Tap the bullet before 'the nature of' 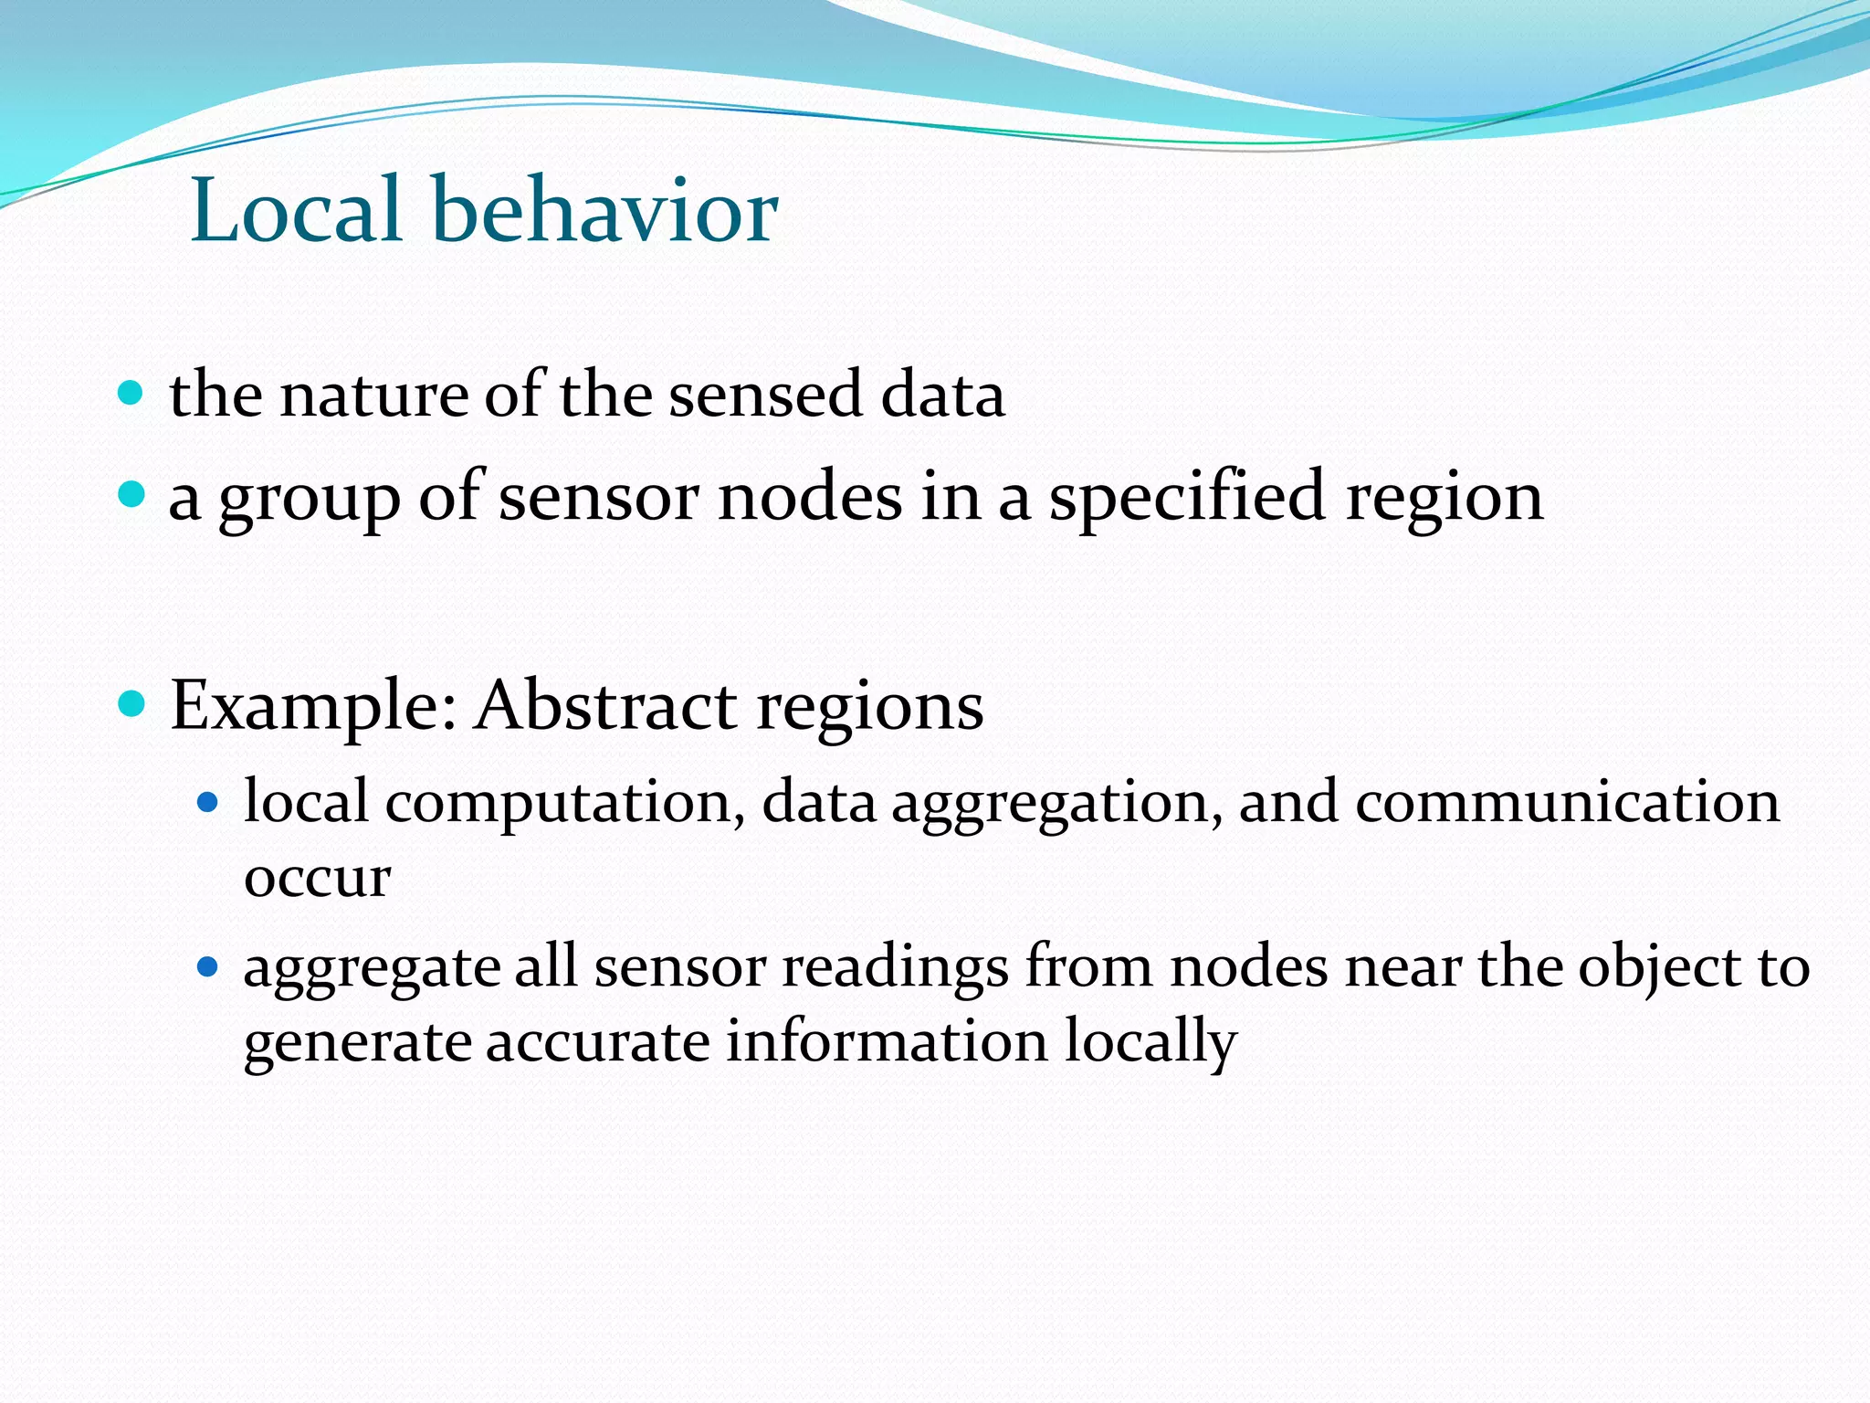pyautogui.click(x=131, y=394)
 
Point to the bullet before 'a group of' pyautogui.click(x=131, y=495)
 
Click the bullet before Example pyautogui.click(x=131, y=703)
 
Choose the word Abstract pyautogui.click(x=605, y=705)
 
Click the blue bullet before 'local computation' pyautogui.click(x=208, y=803)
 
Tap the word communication pyautogui.click(x=1567, y=802)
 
